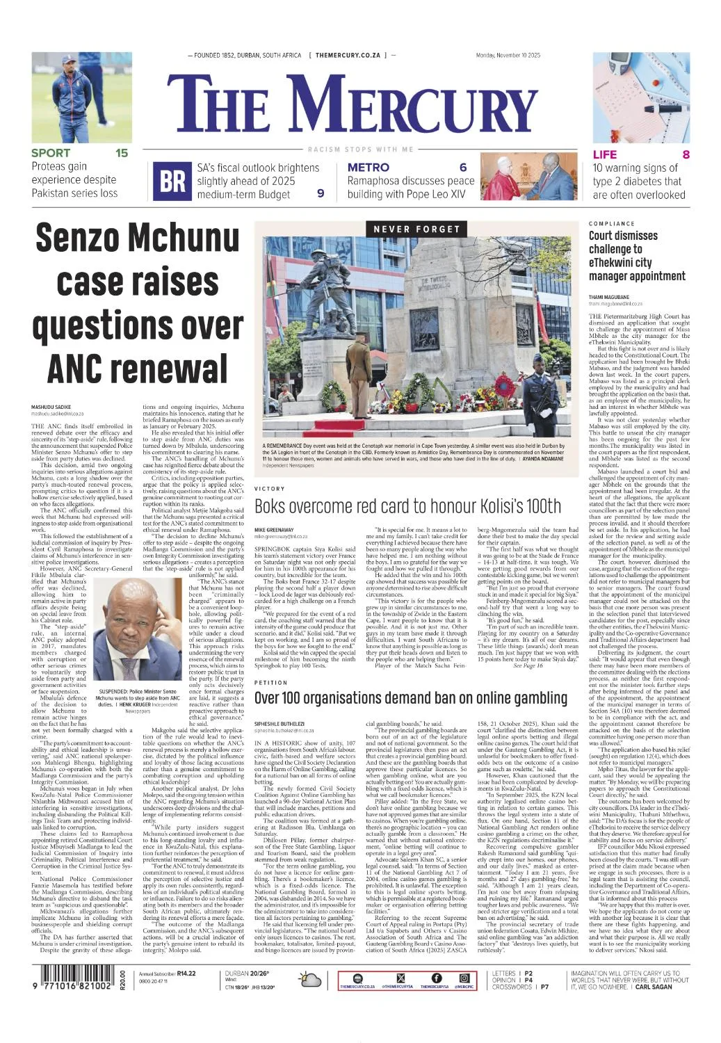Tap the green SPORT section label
coord(51,153)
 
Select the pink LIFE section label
coord(605,154)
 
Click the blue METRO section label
coord(368,168)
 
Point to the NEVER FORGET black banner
coord(416,229)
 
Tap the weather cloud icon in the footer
coord(310,980)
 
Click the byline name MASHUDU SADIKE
coord(51,406)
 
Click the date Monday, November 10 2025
coord(508,56)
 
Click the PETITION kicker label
coord(271,683)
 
